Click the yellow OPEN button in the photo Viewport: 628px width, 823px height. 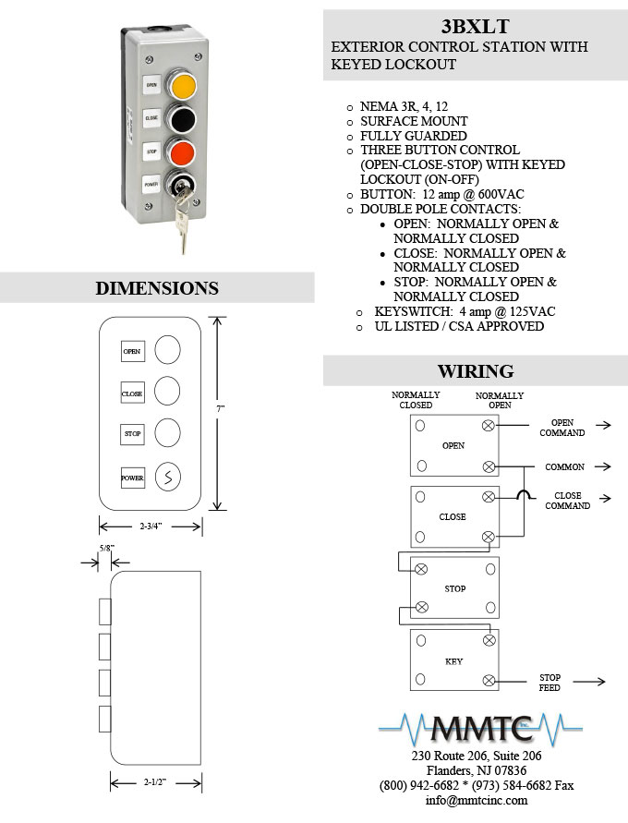(x=182, y=86)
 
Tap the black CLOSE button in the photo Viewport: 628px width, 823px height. (x=181, y=119)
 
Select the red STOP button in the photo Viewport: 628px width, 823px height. (x=181, y=152)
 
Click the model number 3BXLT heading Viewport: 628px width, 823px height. (x=475, y=26)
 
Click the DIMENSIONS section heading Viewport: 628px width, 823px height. (x=157, y=288)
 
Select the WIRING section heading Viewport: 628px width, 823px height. (x=476, y=371)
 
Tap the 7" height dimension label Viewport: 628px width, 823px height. (x=221, y=408)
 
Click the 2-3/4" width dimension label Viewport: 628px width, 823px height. (x=151, y=526)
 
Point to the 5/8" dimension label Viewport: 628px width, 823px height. (x=106, y=548)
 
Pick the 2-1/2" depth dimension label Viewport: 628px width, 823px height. (x=155, y=782)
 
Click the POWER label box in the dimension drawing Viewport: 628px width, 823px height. (x=133, y=478)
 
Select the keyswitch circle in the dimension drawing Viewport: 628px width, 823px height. (x=168, y=477)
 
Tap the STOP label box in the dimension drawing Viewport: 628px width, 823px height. (x=132, y=434)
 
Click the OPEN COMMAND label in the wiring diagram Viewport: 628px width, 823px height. (x=562, y=428)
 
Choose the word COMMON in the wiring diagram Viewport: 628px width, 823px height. (x=564, y=466)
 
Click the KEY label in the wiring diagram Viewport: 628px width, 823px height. (x=453, y=661)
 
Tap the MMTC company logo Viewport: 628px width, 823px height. (x=480, y=730)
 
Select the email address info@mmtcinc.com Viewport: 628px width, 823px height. (x=477, y=801)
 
